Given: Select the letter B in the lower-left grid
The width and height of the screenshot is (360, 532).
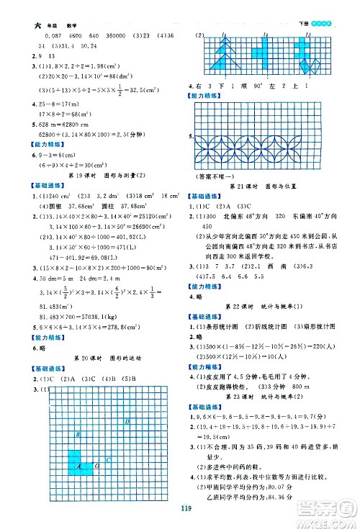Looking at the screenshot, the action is pos(78,436).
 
